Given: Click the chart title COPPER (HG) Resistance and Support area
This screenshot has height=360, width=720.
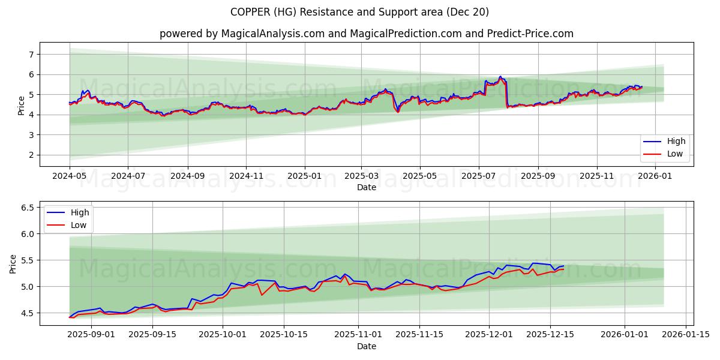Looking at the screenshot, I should click(x=359, y=12).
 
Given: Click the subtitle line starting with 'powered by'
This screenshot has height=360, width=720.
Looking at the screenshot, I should click(x=366, y=34).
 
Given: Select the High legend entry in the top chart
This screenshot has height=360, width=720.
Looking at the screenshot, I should click(x=676, y=142).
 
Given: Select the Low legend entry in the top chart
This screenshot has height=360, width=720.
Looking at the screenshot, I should click(x=676, y=154).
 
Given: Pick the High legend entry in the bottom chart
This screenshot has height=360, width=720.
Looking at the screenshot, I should click(x=79, y=212).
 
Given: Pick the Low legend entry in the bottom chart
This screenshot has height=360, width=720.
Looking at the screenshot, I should click(x=79, y=225).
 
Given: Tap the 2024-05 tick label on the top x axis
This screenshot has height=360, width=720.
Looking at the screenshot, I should click(x=70, y=177).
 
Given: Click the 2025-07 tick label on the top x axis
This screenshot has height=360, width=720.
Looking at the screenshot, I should click(x=478, y=177).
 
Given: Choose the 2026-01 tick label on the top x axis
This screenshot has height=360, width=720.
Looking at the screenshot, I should click(x=655, y=177).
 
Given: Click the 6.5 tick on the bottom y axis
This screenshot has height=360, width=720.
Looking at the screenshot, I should click(x=26, y=208).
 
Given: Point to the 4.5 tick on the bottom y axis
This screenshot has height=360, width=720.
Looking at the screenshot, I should click(x=26, y=313).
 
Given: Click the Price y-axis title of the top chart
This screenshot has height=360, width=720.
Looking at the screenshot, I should click(x=22, y=105).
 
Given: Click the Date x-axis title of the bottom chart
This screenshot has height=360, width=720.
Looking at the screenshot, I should click(x=366, y=346).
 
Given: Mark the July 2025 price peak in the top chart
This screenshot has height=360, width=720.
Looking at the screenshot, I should click(x=500, y=77).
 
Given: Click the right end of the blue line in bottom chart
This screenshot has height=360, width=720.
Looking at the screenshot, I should click(x=563, y=266).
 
